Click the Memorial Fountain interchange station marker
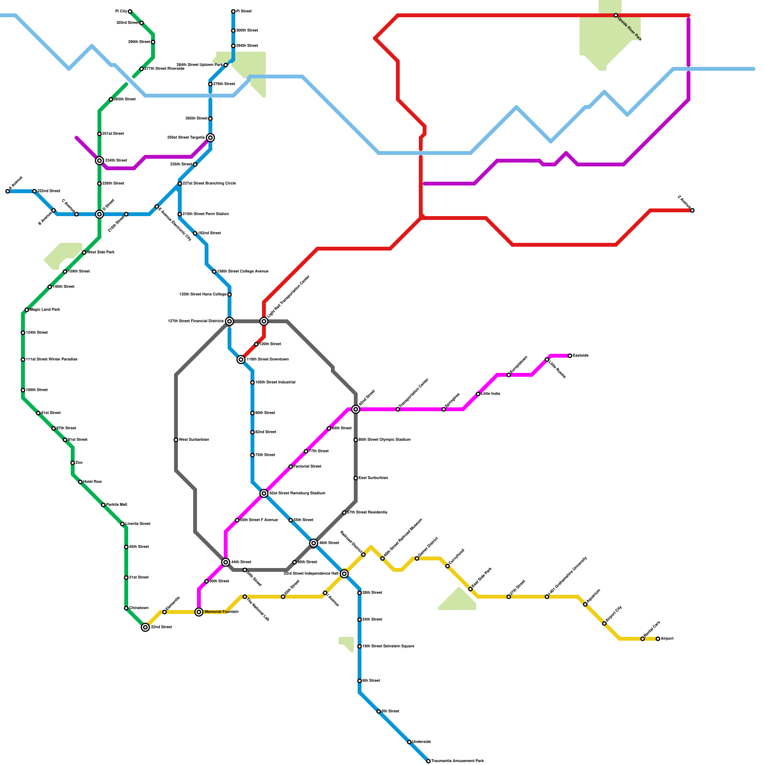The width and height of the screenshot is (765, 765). pos(199,612)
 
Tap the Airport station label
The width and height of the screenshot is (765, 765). pos(667,639)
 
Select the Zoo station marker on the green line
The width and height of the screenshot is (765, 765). pos(73,463)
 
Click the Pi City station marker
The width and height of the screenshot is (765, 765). pos(130,11)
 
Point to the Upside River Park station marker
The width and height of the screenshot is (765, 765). pos(616,15)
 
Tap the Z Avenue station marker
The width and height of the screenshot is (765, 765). pos(692,210)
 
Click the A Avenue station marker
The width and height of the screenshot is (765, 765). pos(8,191)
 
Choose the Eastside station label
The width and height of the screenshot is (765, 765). pos(580,356)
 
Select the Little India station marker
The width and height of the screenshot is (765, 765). pos(478,394)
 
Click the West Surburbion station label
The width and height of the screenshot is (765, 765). pos(194,440)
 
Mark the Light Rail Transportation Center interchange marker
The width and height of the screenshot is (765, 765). pos(264,321)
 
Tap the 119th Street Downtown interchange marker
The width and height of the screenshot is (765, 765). pos(241,360)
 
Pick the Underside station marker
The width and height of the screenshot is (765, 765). pos(409,742)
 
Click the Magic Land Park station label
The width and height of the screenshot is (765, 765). pos(45,310)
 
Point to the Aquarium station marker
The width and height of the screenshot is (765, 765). pos(585,604)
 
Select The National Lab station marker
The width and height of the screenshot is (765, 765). pos(245,597)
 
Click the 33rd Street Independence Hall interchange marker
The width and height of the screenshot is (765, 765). pos(344,574)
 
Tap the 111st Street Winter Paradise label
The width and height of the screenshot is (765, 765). pos(52,360)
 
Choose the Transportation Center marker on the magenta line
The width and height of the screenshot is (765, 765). pos(398,409)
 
